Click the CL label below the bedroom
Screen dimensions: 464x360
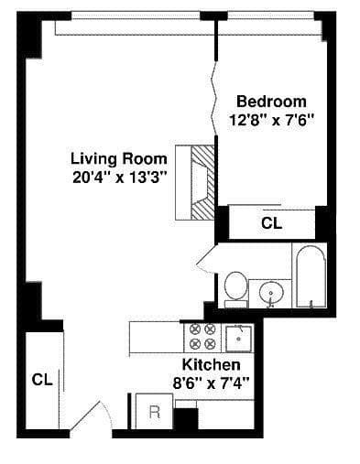coord(272,222)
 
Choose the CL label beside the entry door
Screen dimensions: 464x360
coord(42,378)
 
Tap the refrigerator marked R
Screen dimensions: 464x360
coord(154,411)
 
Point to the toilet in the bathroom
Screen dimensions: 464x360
coord(235,286)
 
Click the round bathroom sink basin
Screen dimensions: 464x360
coord(272,294)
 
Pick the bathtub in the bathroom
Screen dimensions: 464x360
coord(310,275)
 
